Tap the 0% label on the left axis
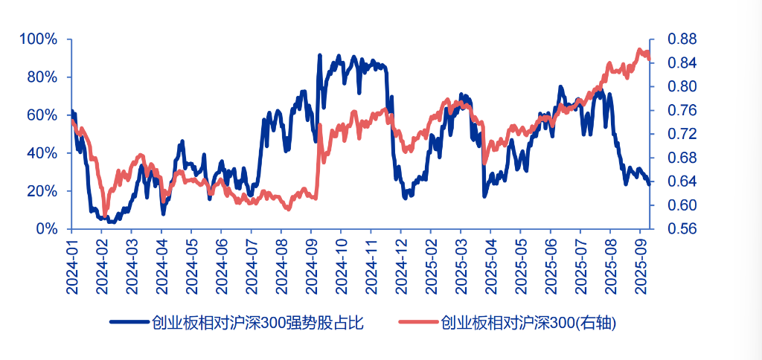pos(48,228)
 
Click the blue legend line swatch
pos(129,322)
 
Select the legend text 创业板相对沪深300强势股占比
pos(257,322)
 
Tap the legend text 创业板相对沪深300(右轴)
pos(529,322)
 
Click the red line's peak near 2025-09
pos(639,50)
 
